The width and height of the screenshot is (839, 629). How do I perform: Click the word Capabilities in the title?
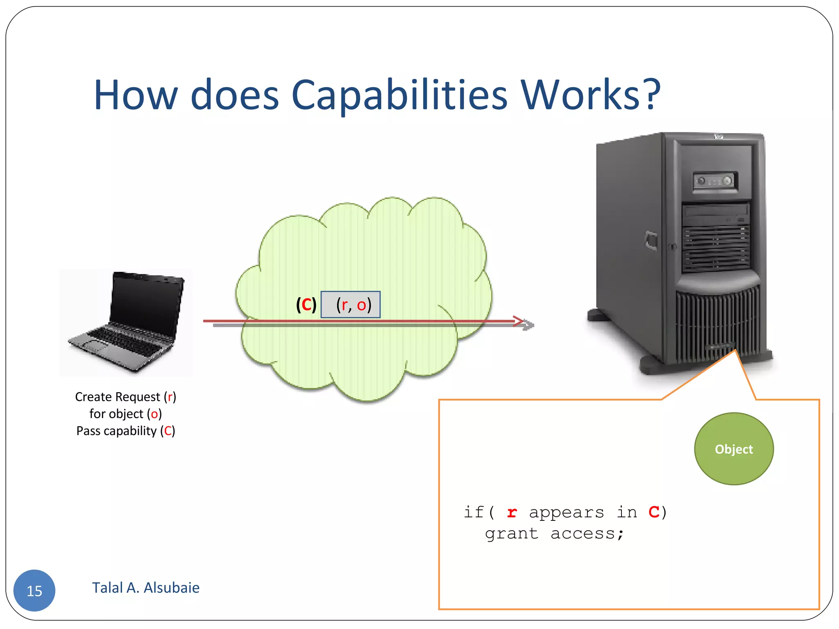tap(399, 95)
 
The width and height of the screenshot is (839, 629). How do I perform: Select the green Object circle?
tap(734, 449)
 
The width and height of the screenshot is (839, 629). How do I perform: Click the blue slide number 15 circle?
tap(34, 591)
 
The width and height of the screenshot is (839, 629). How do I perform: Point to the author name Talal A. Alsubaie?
tap(145, 588)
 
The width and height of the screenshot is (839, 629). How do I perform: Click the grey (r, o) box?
tap(351, 305)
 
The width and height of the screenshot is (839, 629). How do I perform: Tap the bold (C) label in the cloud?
tap(306, 305)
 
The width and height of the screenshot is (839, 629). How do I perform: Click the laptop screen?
tap(147, 301)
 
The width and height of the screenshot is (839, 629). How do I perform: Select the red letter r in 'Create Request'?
tap(170, 397)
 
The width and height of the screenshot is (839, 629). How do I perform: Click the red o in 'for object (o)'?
tap(154, 414)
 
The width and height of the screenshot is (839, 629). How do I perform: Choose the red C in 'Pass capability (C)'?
tap(168, 431)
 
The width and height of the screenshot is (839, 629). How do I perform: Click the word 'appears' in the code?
tap(566, 513)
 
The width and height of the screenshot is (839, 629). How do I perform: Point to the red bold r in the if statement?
tap(512, 513)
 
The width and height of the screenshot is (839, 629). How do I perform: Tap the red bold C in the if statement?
tap(654, 512)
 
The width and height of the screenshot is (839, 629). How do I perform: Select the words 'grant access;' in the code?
tap(554, 534)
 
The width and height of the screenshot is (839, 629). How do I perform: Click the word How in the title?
tap(136, 95)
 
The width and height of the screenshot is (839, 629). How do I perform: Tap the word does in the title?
tap(235, 95)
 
